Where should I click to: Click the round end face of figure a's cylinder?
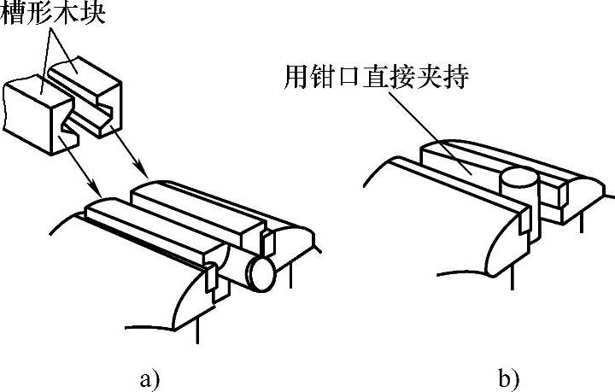click(261, 275)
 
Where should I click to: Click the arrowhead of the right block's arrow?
click(154, 178)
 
